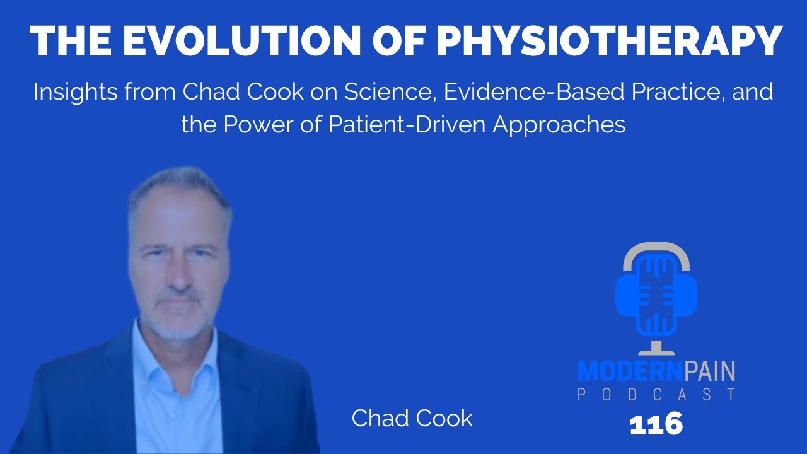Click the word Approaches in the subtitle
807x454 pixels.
click(559, 124)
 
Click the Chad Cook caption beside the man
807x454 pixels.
click(412, 419)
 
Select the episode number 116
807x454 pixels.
click(656, 424)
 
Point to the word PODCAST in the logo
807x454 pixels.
click(656, 395)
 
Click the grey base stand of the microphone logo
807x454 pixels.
click(656, 349)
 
